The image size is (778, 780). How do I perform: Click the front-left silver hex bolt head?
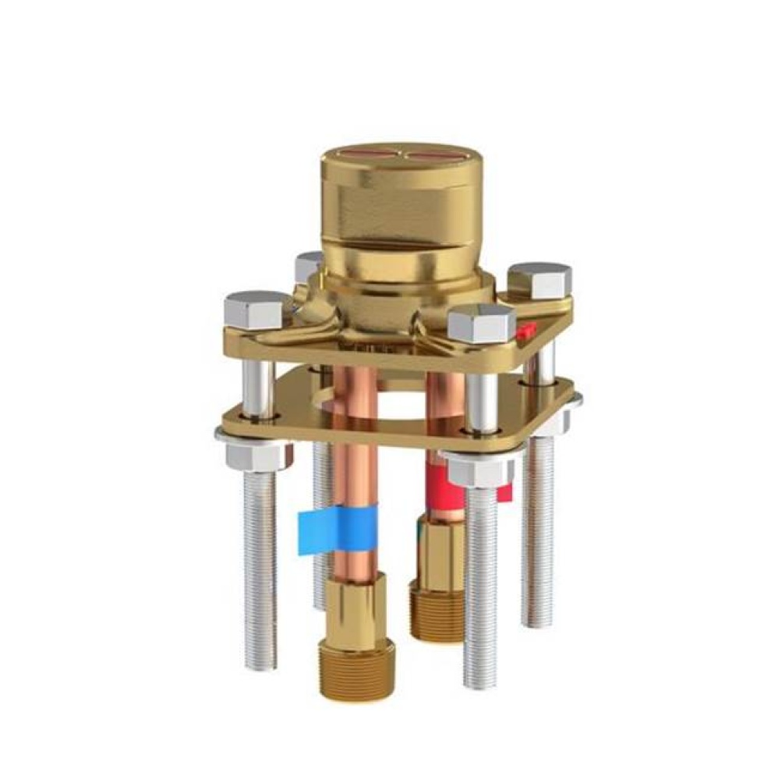tap(254, 310)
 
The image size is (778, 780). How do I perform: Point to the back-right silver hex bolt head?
tap(539, 279)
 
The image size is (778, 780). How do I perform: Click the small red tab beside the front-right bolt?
tap(528, 330)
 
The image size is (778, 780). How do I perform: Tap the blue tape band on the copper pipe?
tap(338, 528)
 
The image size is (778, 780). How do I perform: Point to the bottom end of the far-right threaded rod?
tap(538, 620)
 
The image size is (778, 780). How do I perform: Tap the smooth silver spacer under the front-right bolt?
tap(482, 404)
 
